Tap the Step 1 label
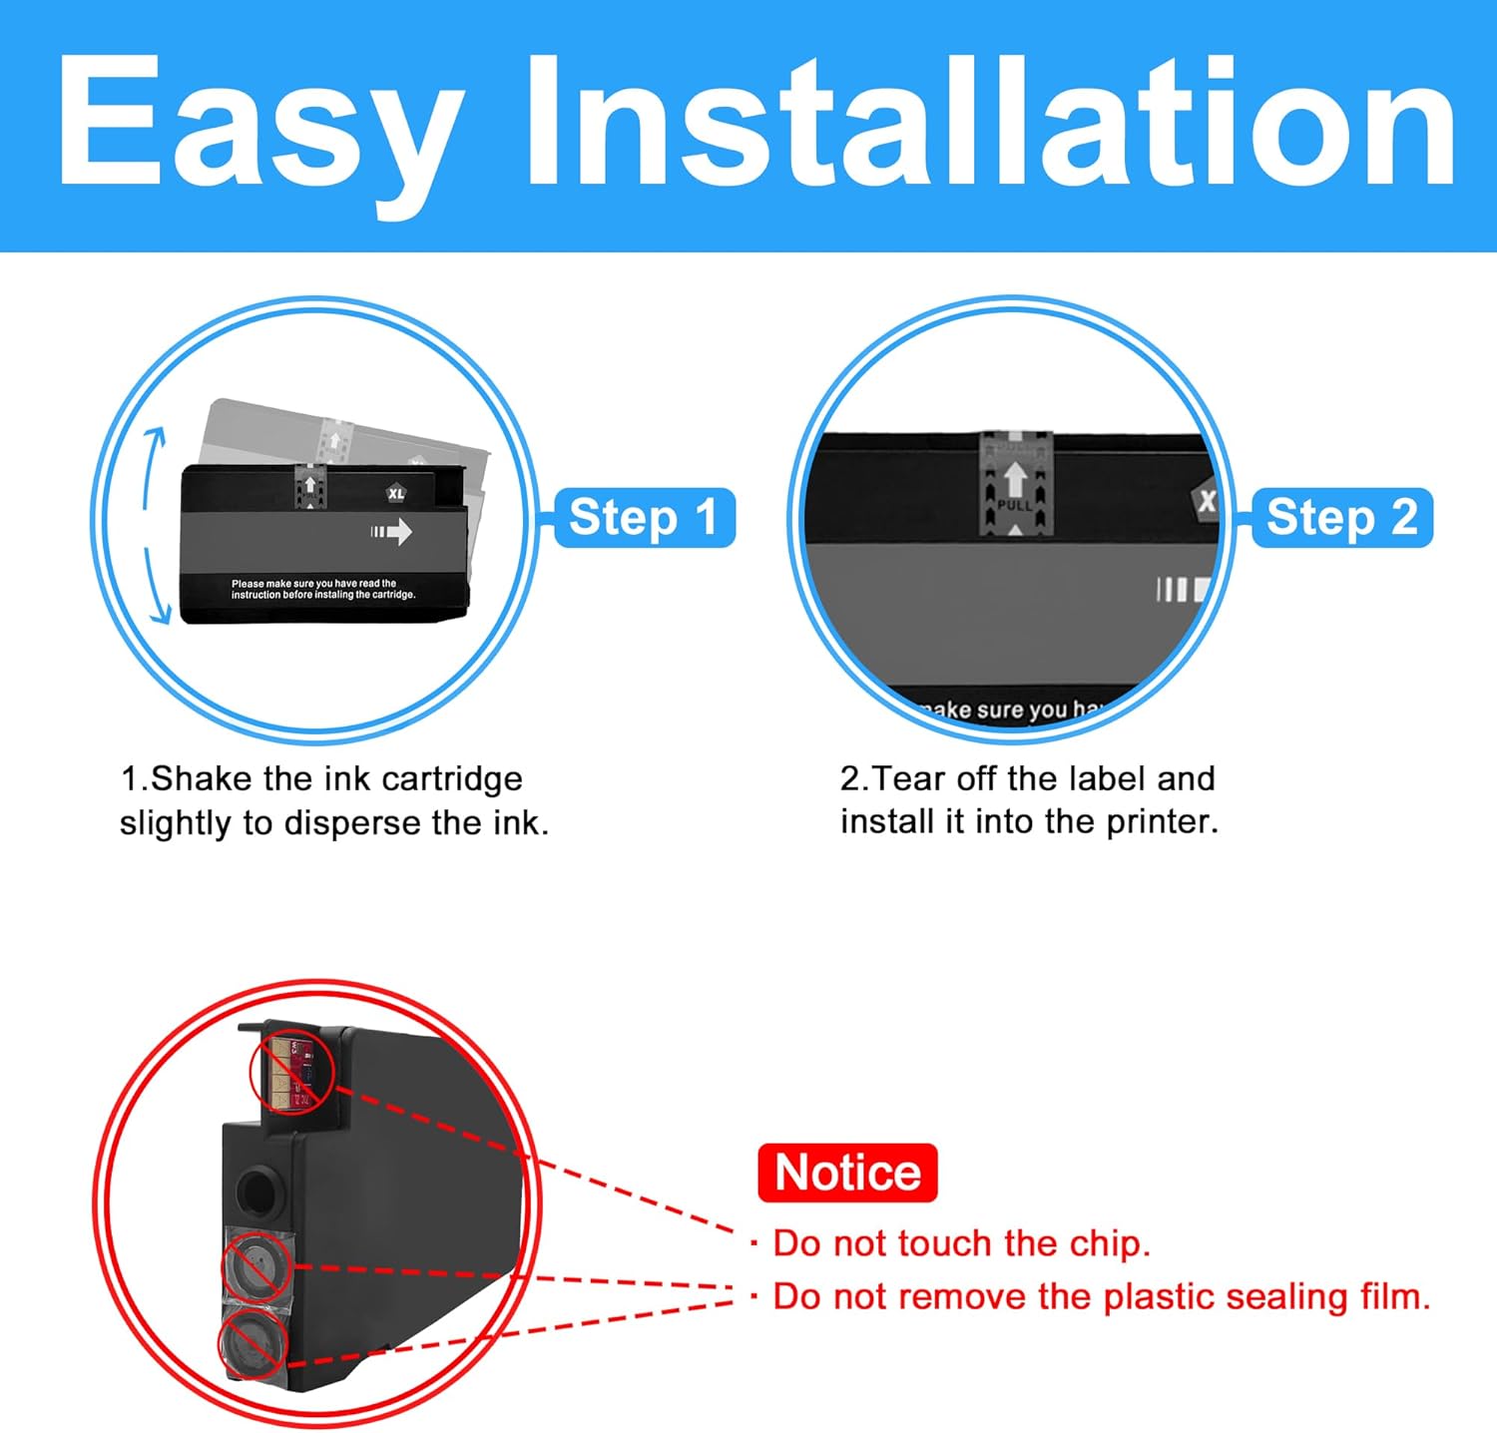coord(644,518)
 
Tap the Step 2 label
coord(1341,518)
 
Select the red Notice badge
coord(847,1173)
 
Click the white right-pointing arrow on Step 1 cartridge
coord(392,531)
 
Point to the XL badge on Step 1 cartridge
coord(396,494)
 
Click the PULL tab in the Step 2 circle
coord(1015,484)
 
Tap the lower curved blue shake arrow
coord(155,589)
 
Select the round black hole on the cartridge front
coord(257,1189)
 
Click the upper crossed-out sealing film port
coord(255,1266)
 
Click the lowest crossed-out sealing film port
coord(251,1343)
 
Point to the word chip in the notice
coord(1109,1243)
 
